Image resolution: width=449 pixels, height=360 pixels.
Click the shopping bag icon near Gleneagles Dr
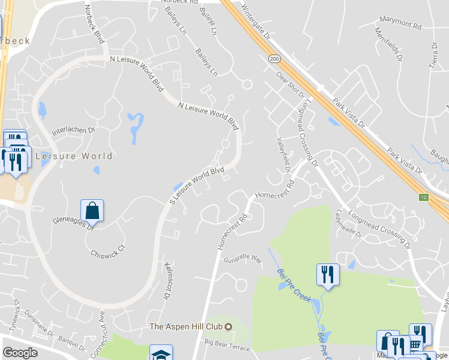pos(92,211)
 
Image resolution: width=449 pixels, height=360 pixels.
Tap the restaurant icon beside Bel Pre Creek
pos(327,275)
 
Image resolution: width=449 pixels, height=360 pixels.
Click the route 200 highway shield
pos(274,59)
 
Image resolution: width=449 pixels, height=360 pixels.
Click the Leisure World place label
pos(74,156)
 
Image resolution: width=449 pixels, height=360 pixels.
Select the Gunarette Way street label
pos(243,259)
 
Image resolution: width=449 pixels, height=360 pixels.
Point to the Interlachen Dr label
pos(74,130)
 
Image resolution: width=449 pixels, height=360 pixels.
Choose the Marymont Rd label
pos(400,25)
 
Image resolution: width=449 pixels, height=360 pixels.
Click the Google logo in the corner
pos(20,352)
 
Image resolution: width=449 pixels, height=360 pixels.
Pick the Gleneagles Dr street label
pos(74,223)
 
